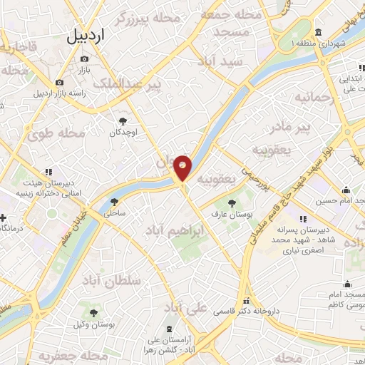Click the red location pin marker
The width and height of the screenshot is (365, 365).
[x=183, y=167]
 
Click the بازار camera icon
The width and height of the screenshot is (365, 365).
[x=85, y=59]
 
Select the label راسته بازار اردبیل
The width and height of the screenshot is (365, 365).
[x=59, y=93]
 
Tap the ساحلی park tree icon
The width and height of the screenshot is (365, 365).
[x=115, y=202]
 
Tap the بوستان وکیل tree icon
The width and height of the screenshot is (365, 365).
[x=93, y=312]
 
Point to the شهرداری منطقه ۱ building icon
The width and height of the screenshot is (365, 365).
[x=317, y=33]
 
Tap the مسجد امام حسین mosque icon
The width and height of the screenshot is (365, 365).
[x=346, y=190]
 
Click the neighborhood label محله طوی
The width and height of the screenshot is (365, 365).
[x=63, y=133]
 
